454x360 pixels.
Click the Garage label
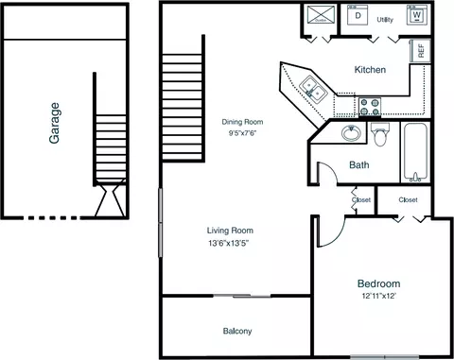click(55, 123)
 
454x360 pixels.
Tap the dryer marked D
click(358, 15)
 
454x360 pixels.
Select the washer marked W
click(416, 15)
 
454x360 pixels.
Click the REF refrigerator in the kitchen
click(420, 51)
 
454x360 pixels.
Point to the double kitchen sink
click(313, 90)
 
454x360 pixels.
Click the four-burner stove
click(370, 107)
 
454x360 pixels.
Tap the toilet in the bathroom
click(380, 134)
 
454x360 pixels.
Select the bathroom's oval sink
click(351, 133)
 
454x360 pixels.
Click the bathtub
click(415, 152)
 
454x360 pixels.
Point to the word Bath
click(359, 164)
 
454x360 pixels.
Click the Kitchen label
click(370, 70)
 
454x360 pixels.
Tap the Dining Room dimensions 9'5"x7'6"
click(242, 133)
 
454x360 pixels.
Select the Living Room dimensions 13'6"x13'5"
click(230, 243)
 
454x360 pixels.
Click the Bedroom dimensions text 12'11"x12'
click(378, 296)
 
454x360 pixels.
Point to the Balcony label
click(237, 331)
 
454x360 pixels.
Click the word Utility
click(385, 20)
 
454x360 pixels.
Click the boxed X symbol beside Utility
click(321, 14)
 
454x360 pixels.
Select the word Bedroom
click(378, 283)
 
